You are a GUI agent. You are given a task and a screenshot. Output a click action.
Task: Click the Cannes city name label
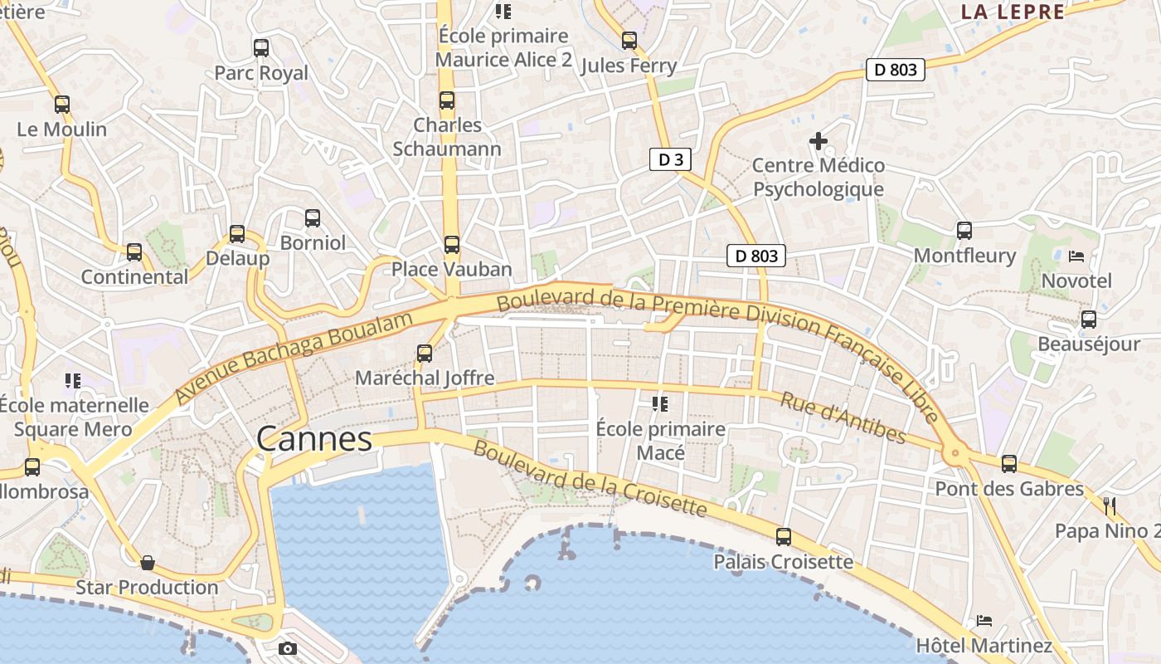(x=314, y=439)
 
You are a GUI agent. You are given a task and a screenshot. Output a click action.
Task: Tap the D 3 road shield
(x=670, y=159)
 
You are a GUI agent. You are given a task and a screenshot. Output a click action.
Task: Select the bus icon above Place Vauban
(x=451, y=244)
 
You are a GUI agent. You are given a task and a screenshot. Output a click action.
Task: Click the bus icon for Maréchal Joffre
(x=425, y=353)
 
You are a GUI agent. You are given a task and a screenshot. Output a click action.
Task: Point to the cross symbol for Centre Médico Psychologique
(x=819, y=141)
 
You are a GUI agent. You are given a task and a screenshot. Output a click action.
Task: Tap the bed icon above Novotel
(x=1076, y=256)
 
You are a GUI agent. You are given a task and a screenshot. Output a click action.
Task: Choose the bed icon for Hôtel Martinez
(x=984, y=620)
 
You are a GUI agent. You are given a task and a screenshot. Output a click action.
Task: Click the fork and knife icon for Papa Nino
(x=1110, y=505)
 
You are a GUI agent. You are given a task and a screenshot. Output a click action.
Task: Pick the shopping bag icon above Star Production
(x=148, y=563)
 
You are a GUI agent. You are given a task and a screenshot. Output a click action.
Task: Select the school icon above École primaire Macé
(x=660, y=404)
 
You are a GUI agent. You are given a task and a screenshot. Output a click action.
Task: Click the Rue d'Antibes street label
(x=843, y=417)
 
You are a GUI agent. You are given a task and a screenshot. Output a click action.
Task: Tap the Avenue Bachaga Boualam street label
(x=294, y=358)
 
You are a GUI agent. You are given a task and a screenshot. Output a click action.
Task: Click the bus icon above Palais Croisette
(x=784, y=536)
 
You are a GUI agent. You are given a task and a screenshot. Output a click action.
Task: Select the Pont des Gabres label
(x=1009, y=489)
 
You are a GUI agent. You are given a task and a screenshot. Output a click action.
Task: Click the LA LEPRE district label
(x=1013, y=12)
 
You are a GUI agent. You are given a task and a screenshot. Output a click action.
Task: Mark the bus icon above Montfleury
(x=964, y=230)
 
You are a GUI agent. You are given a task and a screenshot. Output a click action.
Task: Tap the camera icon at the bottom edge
(x=288, y=648)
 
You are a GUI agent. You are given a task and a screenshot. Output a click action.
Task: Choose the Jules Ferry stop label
(x=629, y=66)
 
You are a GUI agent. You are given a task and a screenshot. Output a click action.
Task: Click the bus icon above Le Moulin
(x=62, y=105)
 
